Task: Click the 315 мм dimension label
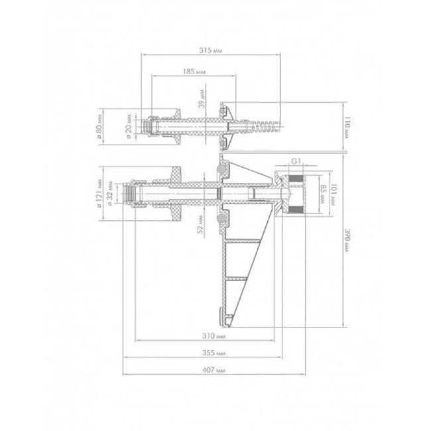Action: tap(211, 50)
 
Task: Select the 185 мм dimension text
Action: tap(194, 72)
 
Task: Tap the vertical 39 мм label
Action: tap(202, 98)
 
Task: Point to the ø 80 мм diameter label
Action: tap(99, 127)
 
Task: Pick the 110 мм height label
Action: tap(347, 127)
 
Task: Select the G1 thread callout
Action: tap(296, 161)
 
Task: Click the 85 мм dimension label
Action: tap(323, 194)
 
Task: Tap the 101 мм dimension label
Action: tap(334, 194)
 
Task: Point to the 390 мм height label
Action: tap(347, 241)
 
